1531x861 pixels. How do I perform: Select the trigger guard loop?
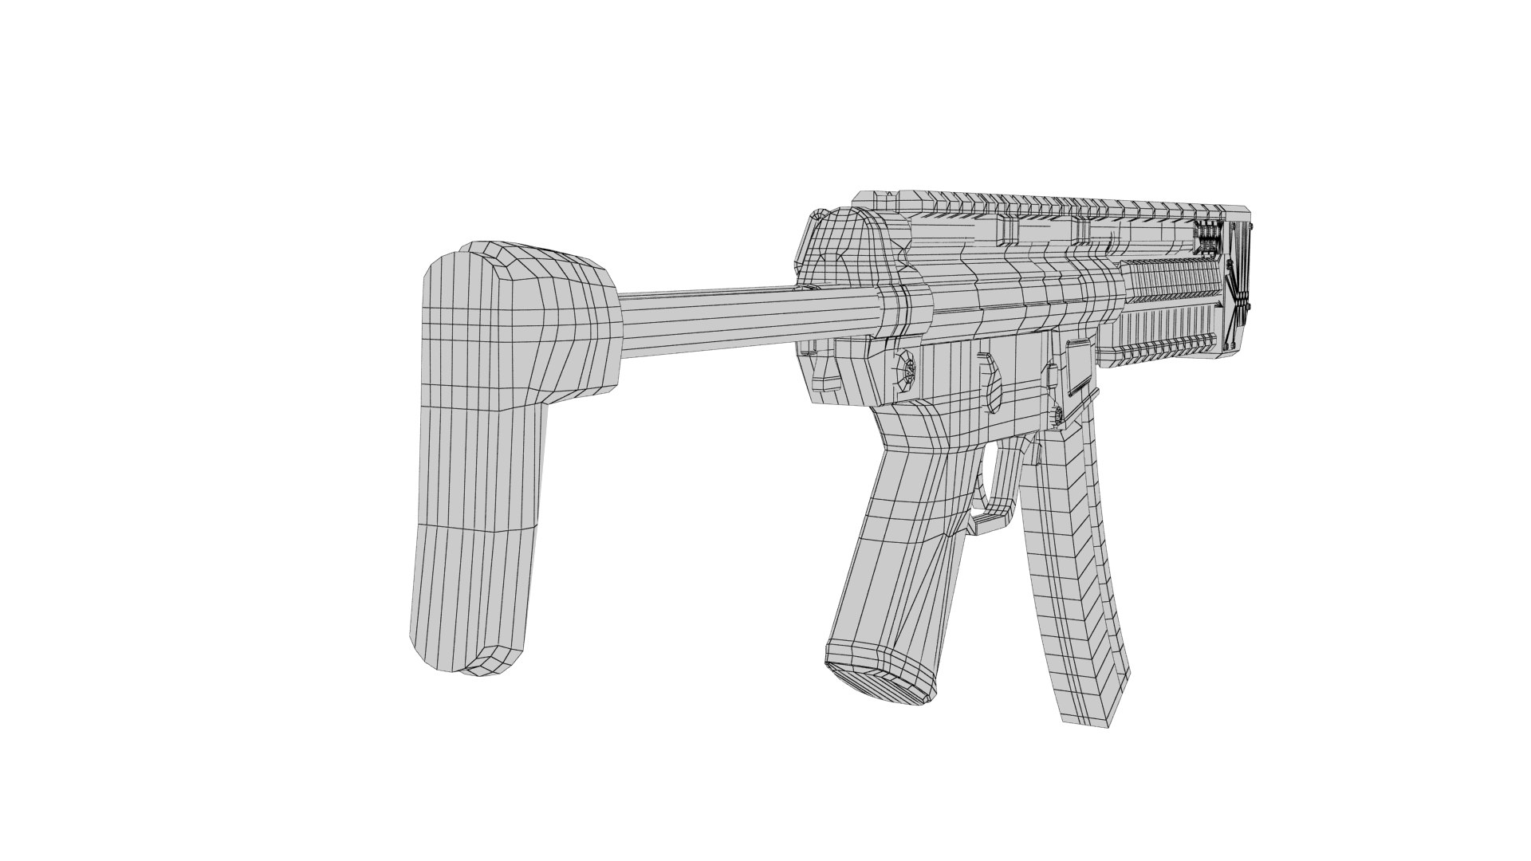coord(997,486)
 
